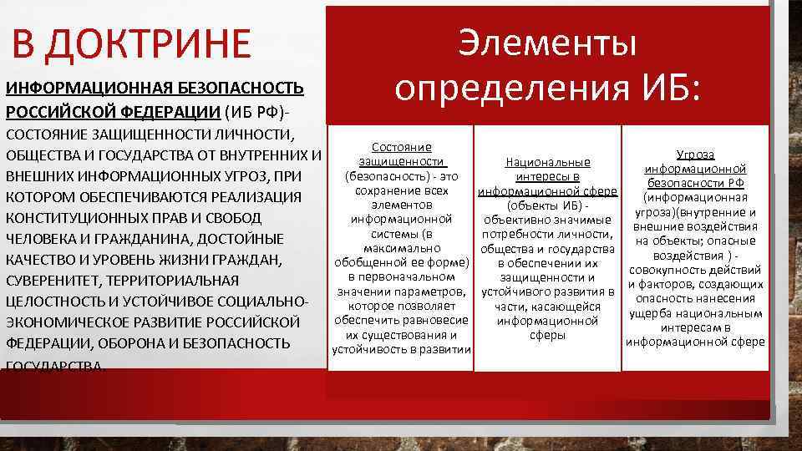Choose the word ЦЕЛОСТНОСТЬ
(55, 302)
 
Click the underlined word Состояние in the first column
(400, 146)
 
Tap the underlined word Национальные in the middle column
(548, 162)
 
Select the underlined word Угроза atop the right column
(694, 155)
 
